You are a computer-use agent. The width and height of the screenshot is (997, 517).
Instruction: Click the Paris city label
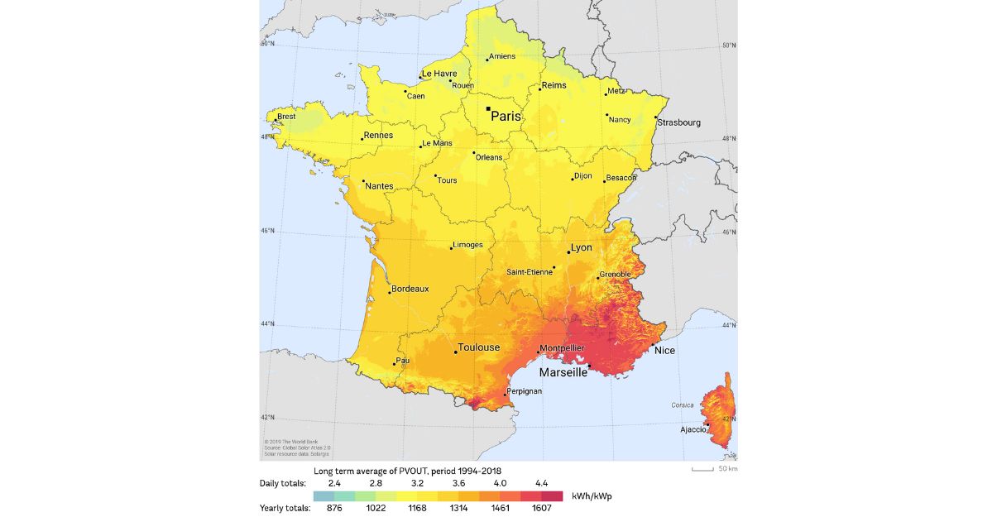pyautogui.click(x=506, y=117)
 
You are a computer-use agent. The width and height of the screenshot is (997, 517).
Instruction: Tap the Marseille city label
pyautogui.click(x=563, y=373)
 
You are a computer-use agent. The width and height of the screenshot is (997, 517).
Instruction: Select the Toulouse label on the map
pyautogui.click(x=479, y=347)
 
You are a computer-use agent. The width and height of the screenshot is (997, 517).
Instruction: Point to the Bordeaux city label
pyautogui.click(x=410, y=289)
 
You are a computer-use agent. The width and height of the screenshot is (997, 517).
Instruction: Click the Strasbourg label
pyautogui.click(x=679, y=122)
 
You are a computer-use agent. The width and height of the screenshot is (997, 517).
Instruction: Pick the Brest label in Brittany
pyautogui.click(x=286, y=117)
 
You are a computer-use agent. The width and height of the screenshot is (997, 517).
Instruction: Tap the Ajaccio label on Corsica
pyautogui.click(x=693, y=429)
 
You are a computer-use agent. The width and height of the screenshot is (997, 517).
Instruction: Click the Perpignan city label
pyautogui.click(x=524, y=390)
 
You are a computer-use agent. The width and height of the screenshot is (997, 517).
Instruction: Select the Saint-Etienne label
pyautogui.click(x=530, y=271)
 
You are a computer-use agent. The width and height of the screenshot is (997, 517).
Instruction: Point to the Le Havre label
pyautogui.click(x=439, y=74)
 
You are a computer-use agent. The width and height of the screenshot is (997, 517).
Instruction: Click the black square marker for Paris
pyautogui.click(x=488, y=108)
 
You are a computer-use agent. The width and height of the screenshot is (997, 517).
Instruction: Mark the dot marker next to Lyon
pyautogui.click(x=568, y=251)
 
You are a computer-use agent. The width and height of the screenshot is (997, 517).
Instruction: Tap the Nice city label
pyautogui.click(x=664, y=351)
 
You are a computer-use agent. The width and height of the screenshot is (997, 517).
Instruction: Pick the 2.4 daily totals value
pyautogui.click(x=334, y=482)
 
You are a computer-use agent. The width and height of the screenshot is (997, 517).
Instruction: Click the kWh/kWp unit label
pyautogui.click(x=592, y=496)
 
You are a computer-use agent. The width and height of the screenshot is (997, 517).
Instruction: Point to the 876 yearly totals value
pyautogui.click(x=334, y=508)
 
